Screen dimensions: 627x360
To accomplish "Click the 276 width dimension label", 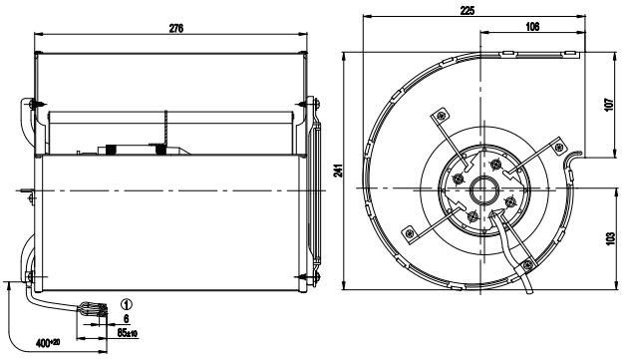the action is (176, 28).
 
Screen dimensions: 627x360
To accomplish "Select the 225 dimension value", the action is (467, 10).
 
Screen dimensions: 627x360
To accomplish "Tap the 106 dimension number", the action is (532, 26).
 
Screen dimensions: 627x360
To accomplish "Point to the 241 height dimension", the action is (339, 171).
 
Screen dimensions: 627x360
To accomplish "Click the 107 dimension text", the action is (609, 105).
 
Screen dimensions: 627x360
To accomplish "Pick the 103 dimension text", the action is (610, 238).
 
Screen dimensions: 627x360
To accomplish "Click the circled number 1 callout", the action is (127, 305).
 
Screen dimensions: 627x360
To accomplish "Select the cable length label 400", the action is (48, 343).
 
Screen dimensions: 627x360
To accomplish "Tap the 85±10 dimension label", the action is (128, 332).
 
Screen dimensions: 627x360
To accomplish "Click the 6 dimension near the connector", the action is (127, 319).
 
